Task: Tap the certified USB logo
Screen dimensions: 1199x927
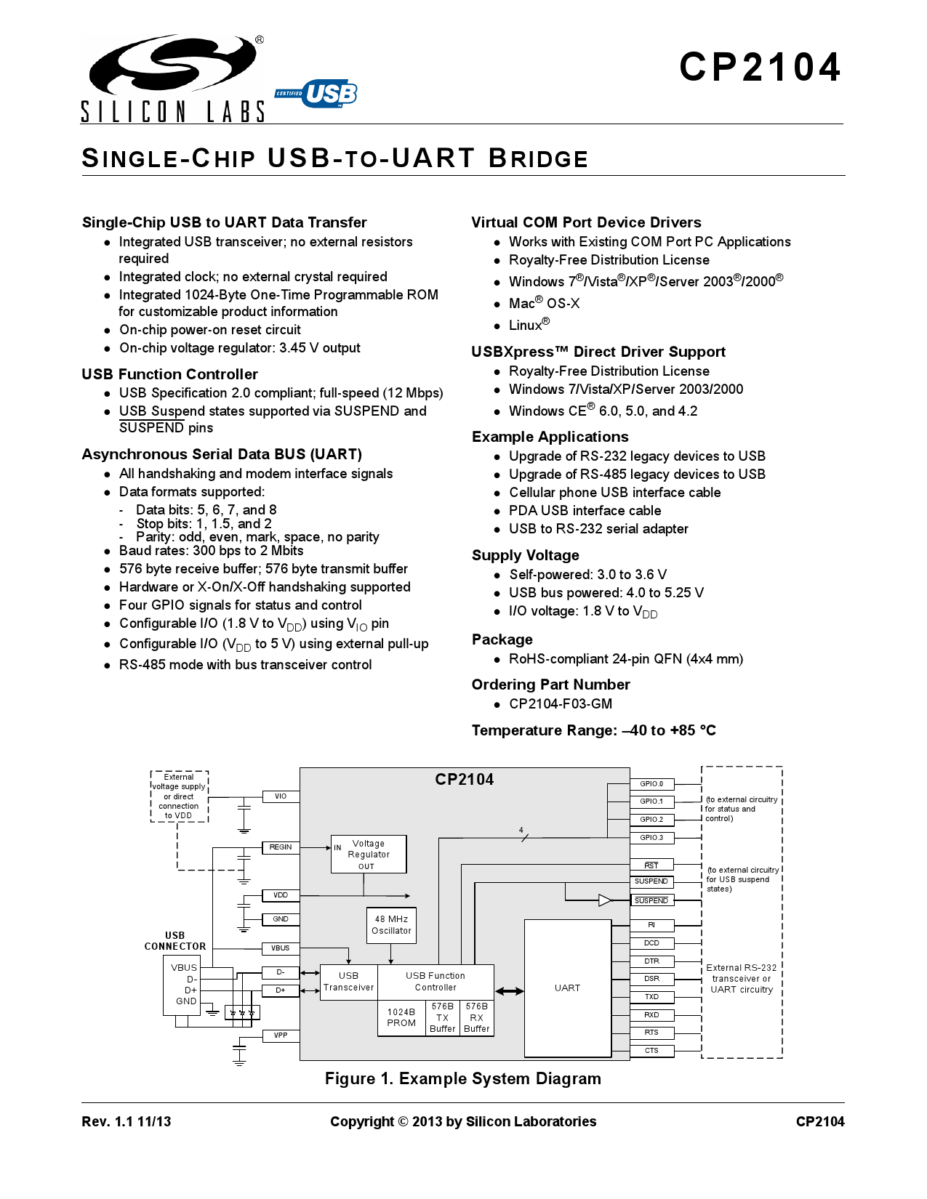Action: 317,94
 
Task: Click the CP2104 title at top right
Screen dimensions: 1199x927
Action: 760,68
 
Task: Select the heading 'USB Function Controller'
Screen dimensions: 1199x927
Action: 169,374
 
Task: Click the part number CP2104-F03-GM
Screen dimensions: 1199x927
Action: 561,704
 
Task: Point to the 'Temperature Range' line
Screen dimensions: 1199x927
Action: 593,730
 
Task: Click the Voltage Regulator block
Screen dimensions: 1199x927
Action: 369,854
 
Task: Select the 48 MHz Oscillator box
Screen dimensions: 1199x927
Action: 391,925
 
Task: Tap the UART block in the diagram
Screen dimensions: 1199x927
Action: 567,988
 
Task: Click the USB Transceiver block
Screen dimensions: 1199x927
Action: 348,982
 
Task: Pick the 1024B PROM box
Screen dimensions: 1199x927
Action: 401,1017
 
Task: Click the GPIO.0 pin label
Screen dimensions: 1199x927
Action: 651,784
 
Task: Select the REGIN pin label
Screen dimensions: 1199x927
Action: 281,847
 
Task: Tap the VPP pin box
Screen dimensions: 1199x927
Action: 281,1035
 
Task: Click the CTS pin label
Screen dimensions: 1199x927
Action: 651,1051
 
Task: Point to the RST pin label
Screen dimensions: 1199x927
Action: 651,865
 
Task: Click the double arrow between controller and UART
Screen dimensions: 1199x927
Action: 509,991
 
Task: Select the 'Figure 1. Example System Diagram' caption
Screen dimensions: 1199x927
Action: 462,1079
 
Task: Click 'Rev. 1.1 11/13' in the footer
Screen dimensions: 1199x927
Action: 127,1122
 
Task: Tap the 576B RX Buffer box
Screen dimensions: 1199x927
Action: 477,1017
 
